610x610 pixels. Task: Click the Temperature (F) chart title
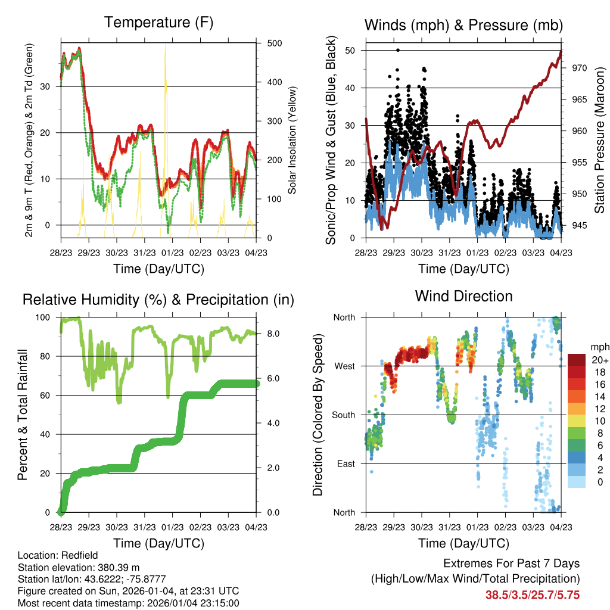tap(158, 23)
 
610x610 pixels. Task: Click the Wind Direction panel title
tap(463, 296)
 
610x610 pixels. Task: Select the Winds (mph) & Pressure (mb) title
tap(463, 25)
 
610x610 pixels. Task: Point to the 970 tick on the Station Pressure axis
tap(579, 69)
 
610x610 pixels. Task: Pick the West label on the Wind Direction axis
tap(344, 366)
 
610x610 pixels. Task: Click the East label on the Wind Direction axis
tap(345, 464)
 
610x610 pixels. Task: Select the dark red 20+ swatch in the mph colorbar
tap(577, 360)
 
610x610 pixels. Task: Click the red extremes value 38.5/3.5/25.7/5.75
tap(533, 595)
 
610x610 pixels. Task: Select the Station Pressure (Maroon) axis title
tap(599, 141)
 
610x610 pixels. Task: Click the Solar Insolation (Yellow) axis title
tap(292, 141)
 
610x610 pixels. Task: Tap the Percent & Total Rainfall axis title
tap(22, 415)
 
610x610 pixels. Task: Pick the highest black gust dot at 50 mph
tap(397, 51)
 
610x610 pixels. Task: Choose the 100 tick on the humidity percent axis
tap(47, 318)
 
